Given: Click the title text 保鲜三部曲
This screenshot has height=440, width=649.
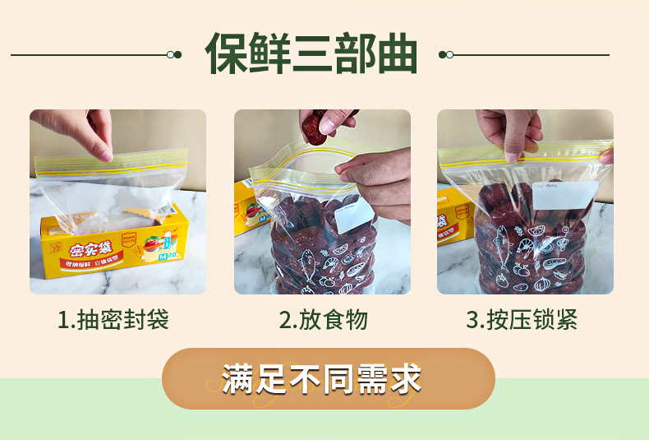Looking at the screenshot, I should [x=311, y=53].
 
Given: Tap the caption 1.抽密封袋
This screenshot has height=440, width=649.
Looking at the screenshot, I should [x=113, y=320].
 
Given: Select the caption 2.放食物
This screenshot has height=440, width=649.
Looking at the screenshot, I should [x=323, y=320].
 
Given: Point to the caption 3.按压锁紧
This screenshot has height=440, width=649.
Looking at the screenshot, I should [x=522, y=320].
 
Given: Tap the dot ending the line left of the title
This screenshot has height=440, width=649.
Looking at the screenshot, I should [x=174, y=54].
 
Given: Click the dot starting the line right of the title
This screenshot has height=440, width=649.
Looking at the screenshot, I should [x=446, y=54].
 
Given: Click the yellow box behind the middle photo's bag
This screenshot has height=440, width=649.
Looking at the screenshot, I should [x=247, y=206].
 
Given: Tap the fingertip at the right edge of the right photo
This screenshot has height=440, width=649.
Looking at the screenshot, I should [x=607, y=155].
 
